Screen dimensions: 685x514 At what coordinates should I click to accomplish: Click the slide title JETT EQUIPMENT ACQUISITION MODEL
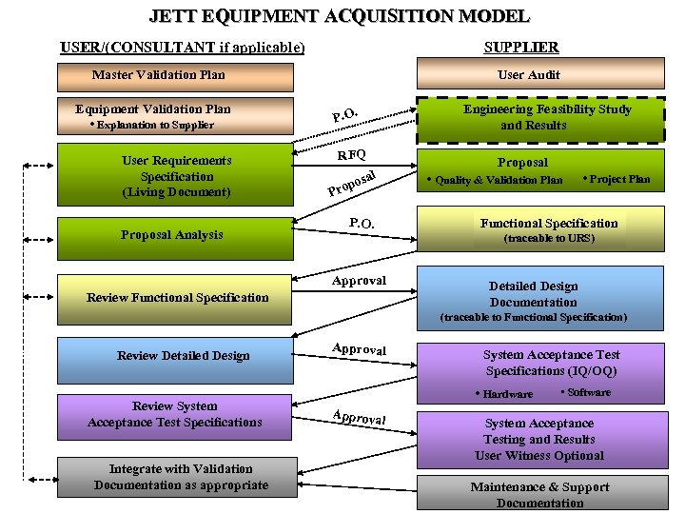pyautogui.click(x=339, y=16)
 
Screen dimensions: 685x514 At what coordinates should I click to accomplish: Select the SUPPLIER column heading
pyautogui.click(x=520, y=47)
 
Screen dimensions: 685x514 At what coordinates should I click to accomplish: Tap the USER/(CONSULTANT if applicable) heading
pyautogui.click(x=183, y=47)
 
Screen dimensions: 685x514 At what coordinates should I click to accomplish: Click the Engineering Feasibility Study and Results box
pyautogui.click(x=546, y=117)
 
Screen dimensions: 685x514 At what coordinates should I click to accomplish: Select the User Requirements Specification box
pyautogui.click(x=176, y=176)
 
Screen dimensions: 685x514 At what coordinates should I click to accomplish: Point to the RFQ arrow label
pyautogui.click(x=352, y=154)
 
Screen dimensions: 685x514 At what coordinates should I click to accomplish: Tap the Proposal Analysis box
pyautogui.click(x=172, y=235)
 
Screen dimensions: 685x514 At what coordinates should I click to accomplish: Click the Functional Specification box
pyautogui.click(x=548, y=229)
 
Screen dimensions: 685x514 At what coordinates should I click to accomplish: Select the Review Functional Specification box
pyautogui.click(x=177, y=297)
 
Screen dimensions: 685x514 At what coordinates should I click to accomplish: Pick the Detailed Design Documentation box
pyautogui.click(x=533, y=295)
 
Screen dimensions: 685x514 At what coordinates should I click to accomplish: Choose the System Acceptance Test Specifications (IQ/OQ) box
pyautogui.click(x=551, y=363)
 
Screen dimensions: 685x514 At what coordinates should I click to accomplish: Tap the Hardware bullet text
pyautogui.click(x=507, y=394)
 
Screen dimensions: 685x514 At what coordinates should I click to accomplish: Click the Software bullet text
pyautogui.click(x=589, y=392)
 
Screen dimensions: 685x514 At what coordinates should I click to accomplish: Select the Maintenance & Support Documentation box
pyautogui.click(x=539, y=494)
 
